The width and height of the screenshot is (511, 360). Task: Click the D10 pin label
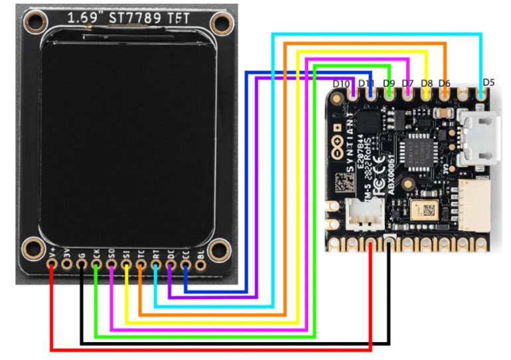coord(341,84)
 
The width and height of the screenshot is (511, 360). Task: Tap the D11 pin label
coord(367,84)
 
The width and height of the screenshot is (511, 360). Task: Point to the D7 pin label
coord(407,84)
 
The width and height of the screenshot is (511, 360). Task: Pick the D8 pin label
coord(427,84)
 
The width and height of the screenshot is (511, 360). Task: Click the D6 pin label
coord(445,84)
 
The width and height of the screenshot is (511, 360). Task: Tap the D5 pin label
coord(488,82)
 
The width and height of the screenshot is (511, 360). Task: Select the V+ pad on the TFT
coord(52,264)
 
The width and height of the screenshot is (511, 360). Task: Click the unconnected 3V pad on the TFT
coord(66,264)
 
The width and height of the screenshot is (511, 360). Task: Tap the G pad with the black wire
coord(81,264)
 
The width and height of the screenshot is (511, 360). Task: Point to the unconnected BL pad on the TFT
coord(200,264)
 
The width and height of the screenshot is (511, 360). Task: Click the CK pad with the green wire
coord(96,264)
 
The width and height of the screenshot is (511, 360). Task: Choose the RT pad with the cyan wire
coord(156,264)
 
